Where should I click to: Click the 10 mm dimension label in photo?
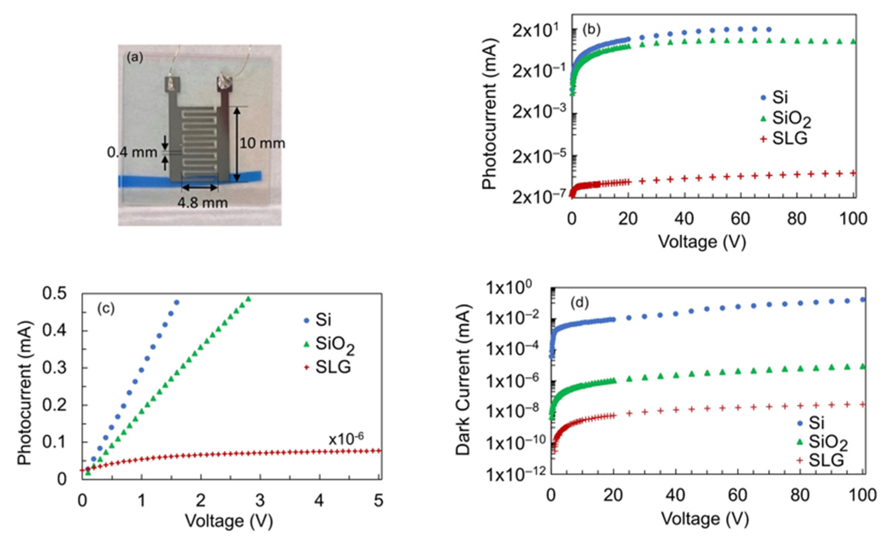click(x=262, y=144)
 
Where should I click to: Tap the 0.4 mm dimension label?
click(x=132, y=153)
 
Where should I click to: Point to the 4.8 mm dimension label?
click(x=203, y=203)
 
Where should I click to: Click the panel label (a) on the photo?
click(x=135, y=58)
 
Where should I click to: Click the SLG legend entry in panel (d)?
click(x=820, y=460)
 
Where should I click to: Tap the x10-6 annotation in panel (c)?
click(x=346, y=439)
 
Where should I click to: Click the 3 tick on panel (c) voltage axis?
click(x=260, y=500)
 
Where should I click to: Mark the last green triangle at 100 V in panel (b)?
click(x=853, y=42)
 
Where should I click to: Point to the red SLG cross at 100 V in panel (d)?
click(x=862, y=404)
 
